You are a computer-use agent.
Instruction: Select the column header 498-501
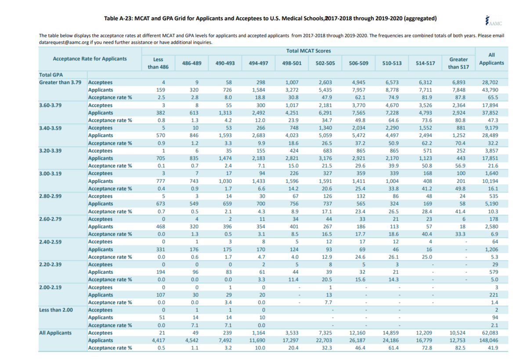292,63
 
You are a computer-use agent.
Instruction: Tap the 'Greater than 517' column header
458,63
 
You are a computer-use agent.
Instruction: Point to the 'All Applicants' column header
491,59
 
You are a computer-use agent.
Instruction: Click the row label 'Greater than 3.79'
61,82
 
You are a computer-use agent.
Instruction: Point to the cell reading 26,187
359,340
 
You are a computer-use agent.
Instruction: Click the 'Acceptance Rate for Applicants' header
90,58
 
